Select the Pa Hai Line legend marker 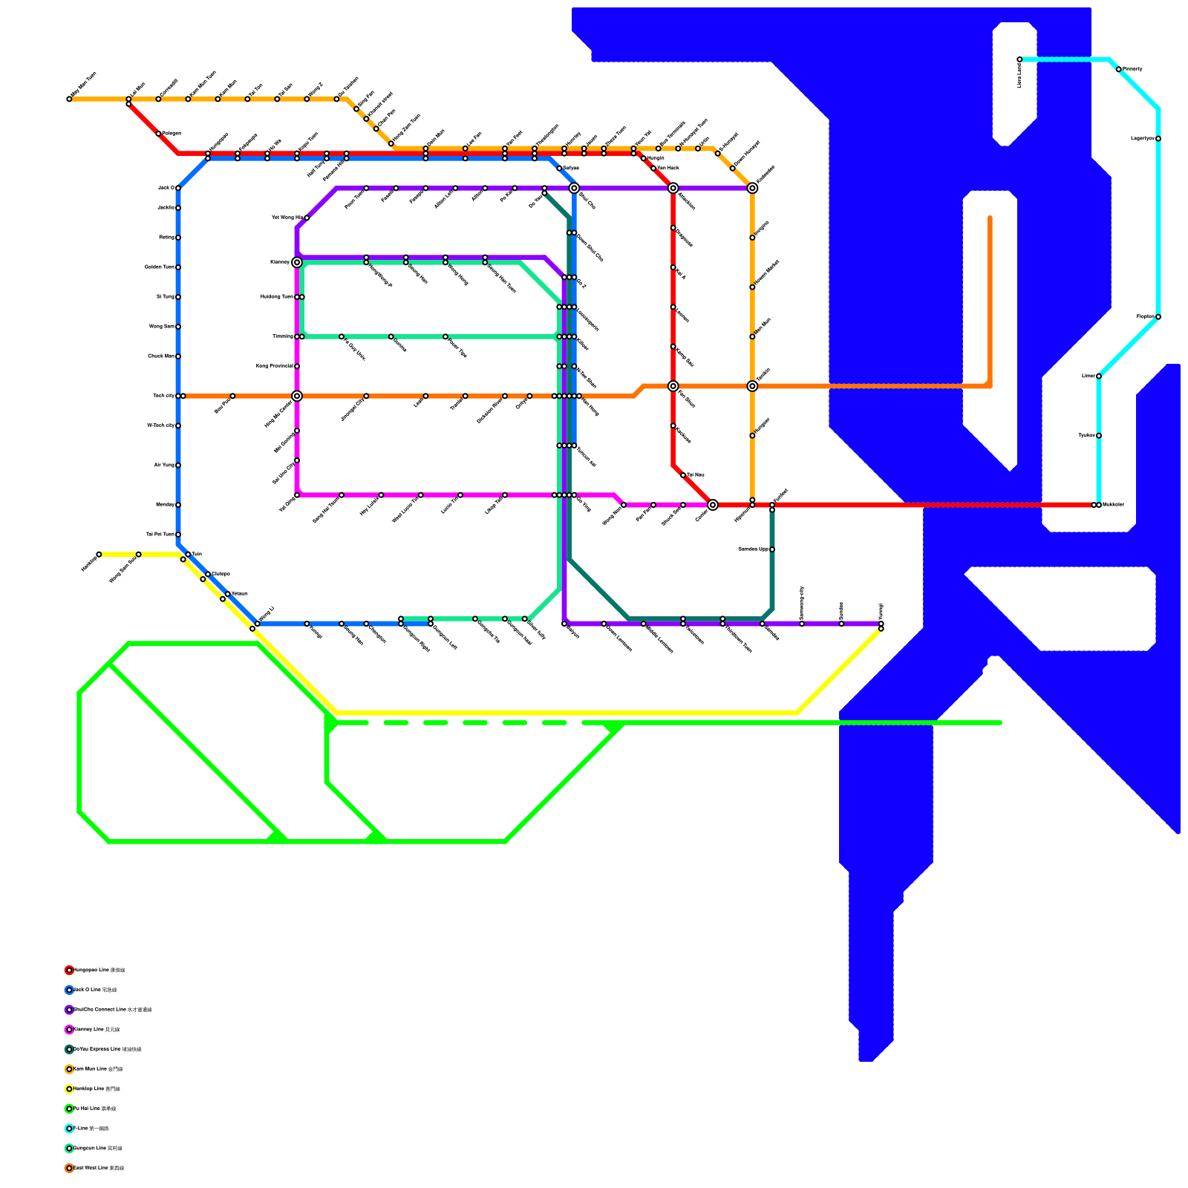click(x=69, y=1109)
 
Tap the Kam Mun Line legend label click(x=98, y=1069)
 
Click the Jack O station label click(x=166, y=188)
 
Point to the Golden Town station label click(x=159, y=267)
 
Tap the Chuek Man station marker click(x=178, y=356)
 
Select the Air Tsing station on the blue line click(x=178, y=466)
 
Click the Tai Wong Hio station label click(x=287, y=218)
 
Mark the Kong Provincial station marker click(x=297, y=366)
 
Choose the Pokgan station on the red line click(x=158, y=134)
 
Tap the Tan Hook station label click(x=668, y=169)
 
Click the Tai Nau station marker click(x=683, y=475)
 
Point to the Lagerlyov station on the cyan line click(x=1158, y=139)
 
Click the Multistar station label click(x=1113, y=505)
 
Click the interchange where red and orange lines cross click(x=673, y=386)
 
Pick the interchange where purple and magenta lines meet click(x=297, y=262)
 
